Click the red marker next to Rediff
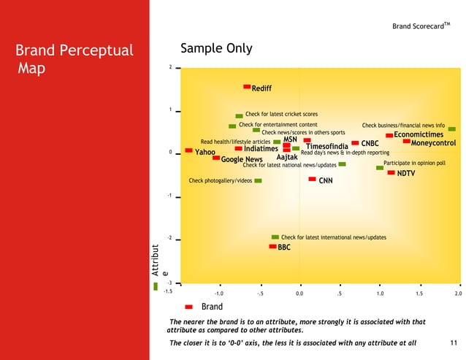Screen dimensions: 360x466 (x=247, y=87)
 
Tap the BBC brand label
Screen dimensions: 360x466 (x=284, y=248)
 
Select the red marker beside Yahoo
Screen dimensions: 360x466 (x=188, y=151)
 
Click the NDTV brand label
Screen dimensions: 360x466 (x=406, y=174)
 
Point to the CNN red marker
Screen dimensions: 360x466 (x=312, y=179)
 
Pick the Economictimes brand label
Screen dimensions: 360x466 (x=419, y=134)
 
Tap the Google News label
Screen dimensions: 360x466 (x=242, y=159)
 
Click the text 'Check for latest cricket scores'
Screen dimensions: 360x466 (x=281, y=115)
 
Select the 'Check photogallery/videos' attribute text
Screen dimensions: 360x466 (x=220, y=180)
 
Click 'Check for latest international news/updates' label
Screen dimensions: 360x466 (x=333, y=237)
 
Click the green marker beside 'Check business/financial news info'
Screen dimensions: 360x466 (x=451, y=129)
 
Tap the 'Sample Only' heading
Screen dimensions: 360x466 (x=216, y=49)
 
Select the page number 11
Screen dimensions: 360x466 (x=453, y=342)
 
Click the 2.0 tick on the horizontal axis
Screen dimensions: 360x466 (x=458, y=293)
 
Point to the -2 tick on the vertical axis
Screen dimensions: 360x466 (x=169, y=238)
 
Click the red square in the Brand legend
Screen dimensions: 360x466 (x=188, y=307)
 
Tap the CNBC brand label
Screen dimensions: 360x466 (x=370, y=144)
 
